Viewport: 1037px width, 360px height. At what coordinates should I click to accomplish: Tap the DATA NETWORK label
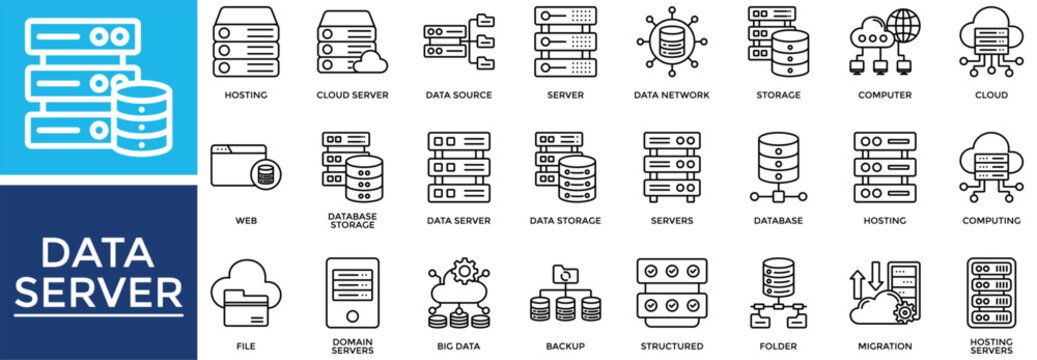(671, 96)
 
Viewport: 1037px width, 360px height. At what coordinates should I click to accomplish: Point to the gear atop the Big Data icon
(463, 271)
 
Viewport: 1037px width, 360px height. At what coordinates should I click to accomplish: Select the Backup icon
(565, 294)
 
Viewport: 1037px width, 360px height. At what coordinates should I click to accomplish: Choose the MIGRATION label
(885, 346)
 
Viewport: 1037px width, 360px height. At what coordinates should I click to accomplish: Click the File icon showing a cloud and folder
(239, 289)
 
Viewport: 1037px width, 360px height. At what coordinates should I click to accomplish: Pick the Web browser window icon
(244, 166)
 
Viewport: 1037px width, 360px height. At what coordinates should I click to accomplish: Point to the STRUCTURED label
(672, 346)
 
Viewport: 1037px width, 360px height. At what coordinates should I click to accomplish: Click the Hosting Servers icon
(990, 291)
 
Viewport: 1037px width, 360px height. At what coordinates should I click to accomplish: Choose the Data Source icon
(458, 43)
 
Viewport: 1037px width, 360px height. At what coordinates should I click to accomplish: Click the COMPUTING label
(991, 221)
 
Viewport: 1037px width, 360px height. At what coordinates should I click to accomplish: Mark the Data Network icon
(671, 43)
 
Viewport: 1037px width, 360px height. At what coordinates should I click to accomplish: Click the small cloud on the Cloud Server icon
(371, 63)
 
